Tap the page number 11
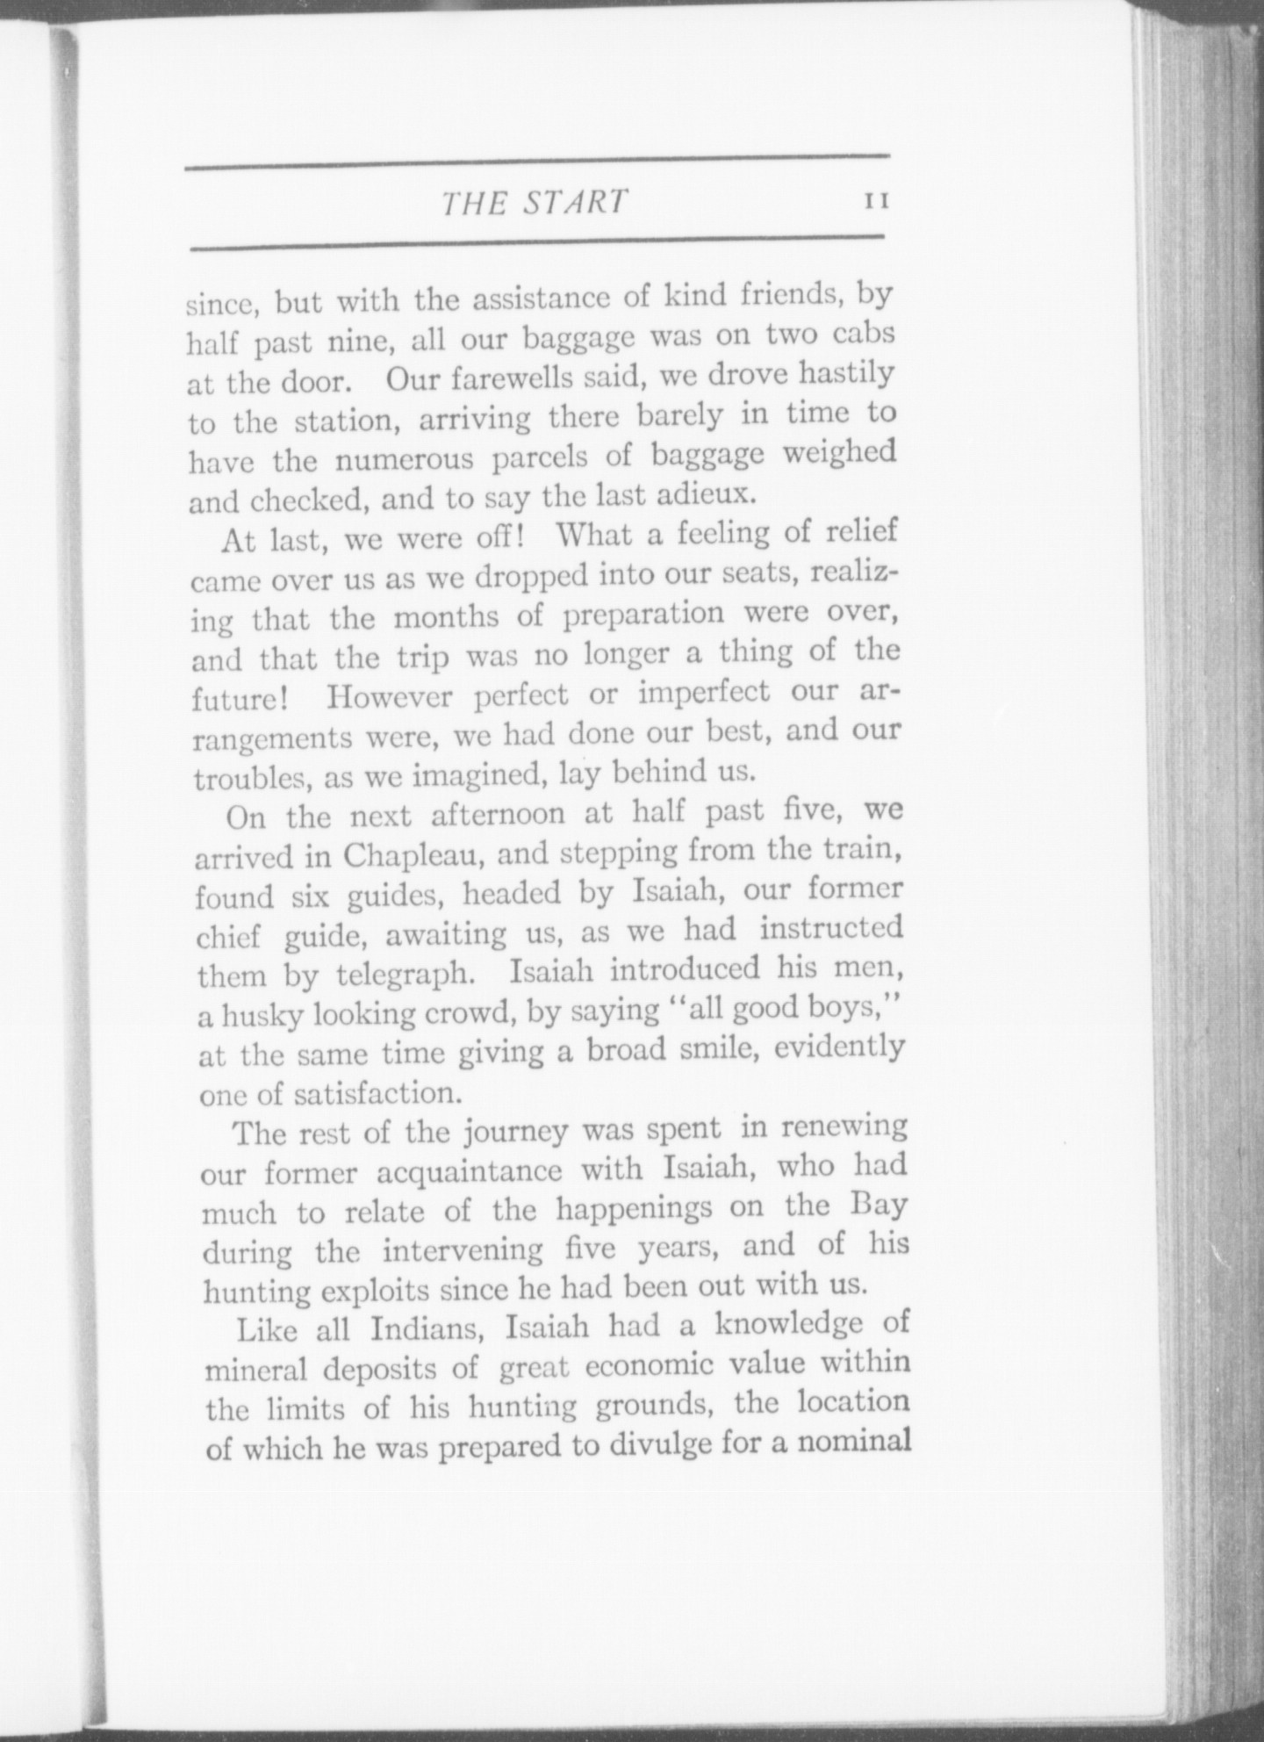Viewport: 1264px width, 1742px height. point(877,201)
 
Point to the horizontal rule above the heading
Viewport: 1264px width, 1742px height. point(536,158)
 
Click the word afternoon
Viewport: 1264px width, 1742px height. point(499,816)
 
